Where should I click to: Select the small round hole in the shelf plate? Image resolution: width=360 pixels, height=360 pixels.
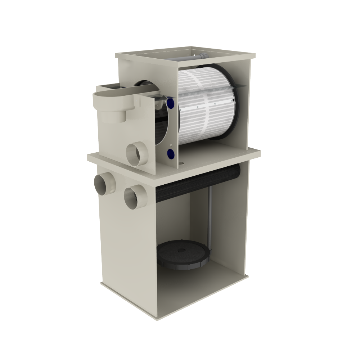[181, 164]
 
